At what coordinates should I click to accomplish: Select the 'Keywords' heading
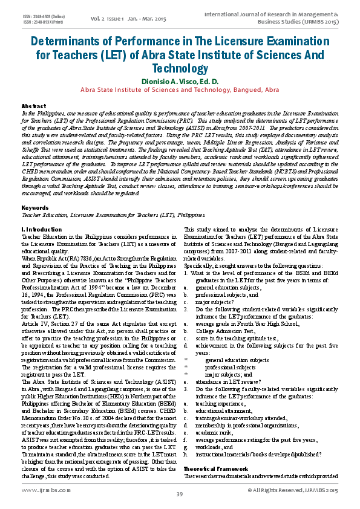35,207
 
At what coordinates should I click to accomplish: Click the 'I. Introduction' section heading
42,230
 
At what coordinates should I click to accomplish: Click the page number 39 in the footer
180,495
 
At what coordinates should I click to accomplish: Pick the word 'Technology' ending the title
180,69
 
